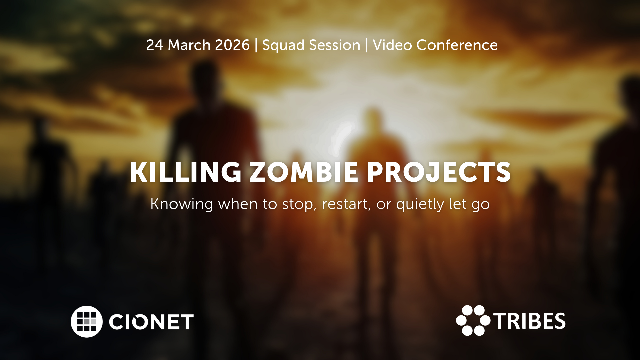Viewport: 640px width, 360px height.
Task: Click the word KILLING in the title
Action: (x=185, y=172)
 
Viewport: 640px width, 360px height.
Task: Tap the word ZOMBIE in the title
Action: (x=304, y=172)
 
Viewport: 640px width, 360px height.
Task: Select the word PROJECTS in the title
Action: (x=439, y=172)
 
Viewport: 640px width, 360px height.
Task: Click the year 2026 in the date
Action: (x=232, y=45)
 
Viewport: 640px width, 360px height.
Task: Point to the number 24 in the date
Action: (x=155, y=45)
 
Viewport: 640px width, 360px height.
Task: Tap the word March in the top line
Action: (x=189, y=45)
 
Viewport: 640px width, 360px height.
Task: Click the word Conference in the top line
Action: (x=457, y=45)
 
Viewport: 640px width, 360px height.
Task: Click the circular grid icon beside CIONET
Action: (x=87, y=322)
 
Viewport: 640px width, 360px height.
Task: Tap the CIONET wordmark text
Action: (x=151, y=322)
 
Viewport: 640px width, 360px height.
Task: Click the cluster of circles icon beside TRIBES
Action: (x=473, y=320)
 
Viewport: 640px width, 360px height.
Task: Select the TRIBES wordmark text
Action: (x=530, y=321)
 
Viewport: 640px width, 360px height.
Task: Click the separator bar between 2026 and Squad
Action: (x=256, y=45)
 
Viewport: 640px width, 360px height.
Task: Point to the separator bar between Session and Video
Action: (x=367, y=45)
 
